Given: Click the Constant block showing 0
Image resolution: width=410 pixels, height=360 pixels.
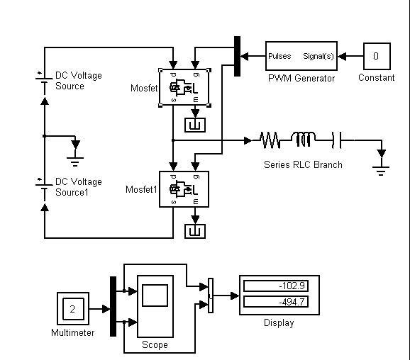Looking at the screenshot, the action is click(x=377, y=56).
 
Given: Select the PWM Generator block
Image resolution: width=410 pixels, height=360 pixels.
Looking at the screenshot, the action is click(x=301, y=56).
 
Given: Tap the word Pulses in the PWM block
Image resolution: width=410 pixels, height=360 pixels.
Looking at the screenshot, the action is click(x=279, y=56).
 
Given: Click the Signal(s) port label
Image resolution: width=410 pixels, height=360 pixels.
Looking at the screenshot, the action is click(x=318, y=56).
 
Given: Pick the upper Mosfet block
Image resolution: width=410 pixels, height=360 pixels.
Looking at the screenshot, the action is click(x=184, y=87).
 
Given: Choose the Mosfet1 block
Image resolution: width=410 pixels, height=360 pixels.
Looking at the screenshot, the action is click(x=184, y=189).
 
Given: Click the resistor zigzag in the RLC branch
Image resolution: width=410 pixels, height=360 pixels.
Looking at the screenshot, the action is click(x=270, y=140).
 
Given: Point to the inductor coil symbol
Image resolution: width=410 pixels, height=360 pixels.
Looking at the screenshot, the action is click(x=303, y=139).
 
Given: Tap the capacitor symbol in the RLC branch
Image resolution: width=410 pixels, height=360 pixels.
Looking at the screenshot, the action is click(x=336, y=140).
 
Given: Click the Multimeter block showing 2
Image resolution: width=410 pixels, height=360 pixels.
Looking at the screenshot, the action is click(x=73, y=308).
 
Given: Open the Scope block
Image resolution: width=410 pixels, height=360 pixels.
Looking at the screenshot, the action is click(x=155, y=306).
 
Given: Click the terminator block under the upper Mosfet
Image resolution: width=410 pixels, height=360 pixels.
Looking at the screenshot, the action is click(x=195, y=125).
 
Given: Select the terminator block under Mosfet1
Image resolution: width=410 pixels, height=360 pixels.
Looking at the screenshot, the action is click(x=195, y=231).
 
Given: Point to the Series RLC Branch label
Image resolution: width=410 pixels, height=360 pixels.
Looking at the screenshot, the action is click(x=303, y=164).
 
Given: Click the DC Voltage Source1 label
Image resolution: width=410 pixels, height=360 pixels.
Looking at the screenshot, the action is click(x=79, y=187).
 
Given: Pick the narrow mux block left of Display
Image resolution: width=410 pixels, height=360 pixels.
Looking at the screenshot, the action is click(x=211, y=296).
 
